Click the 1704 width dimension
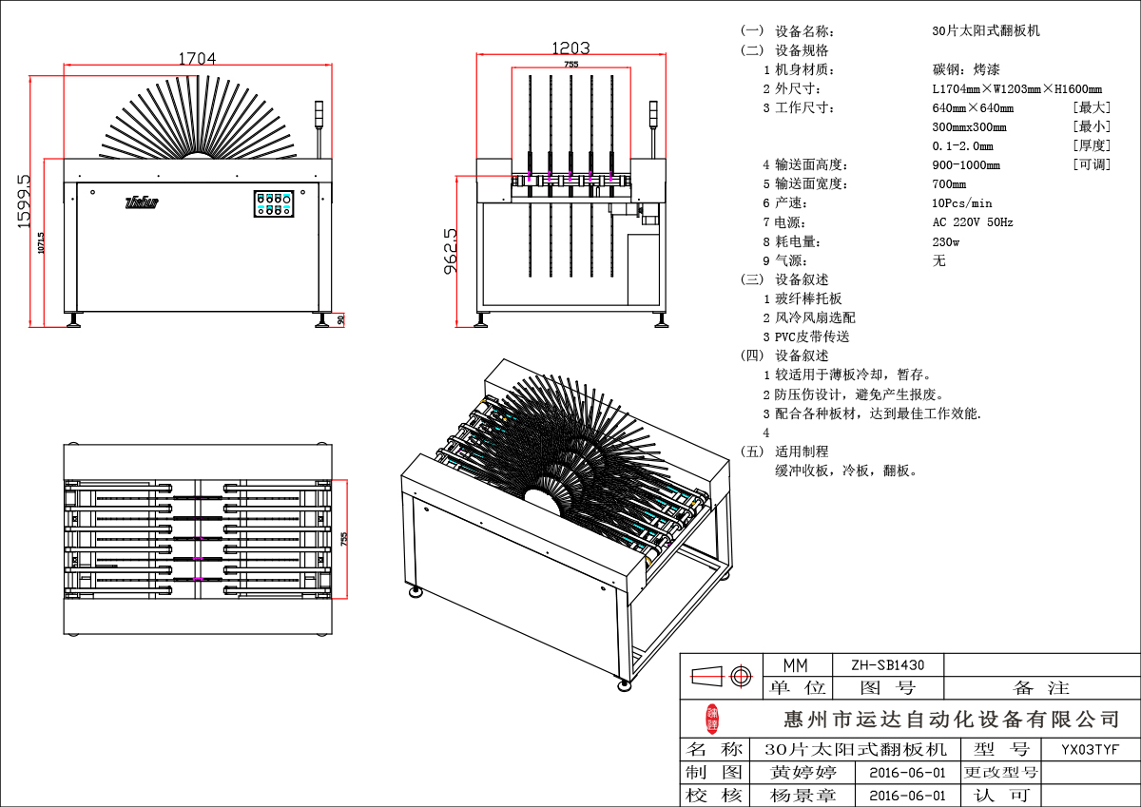tap(198, 58)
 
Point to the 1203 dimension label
tap(571, 48)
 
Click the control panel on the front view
tap(274, 203)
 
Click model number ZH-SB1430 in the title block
tap(887, 664)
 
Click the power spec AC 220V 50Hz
tap(973, 222)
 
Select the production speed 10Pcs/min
tap(962, 203)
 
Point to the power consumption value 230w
tap(946, 241)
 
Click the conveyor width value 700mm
tap(949, 184)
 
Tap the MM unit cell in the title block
tap(795, 664)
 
